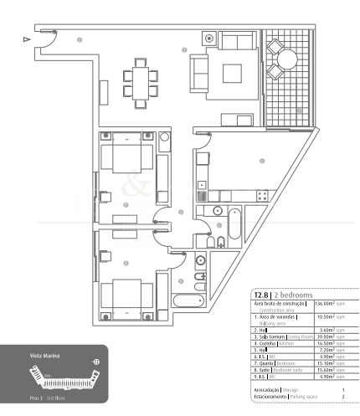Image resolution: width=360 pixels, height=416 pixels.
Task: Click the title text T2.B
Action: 264,295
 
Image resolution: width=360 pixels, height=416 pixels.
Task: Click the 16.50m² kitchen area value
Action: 331,343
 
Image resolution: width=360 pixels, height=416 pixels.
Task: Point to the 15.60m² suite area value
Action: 331,371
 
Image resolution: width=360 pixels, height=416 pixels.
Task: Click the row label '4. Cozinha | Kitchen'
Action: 274,343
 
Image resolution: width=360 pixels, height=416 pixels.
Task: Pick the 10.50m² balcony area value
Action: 331,318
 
